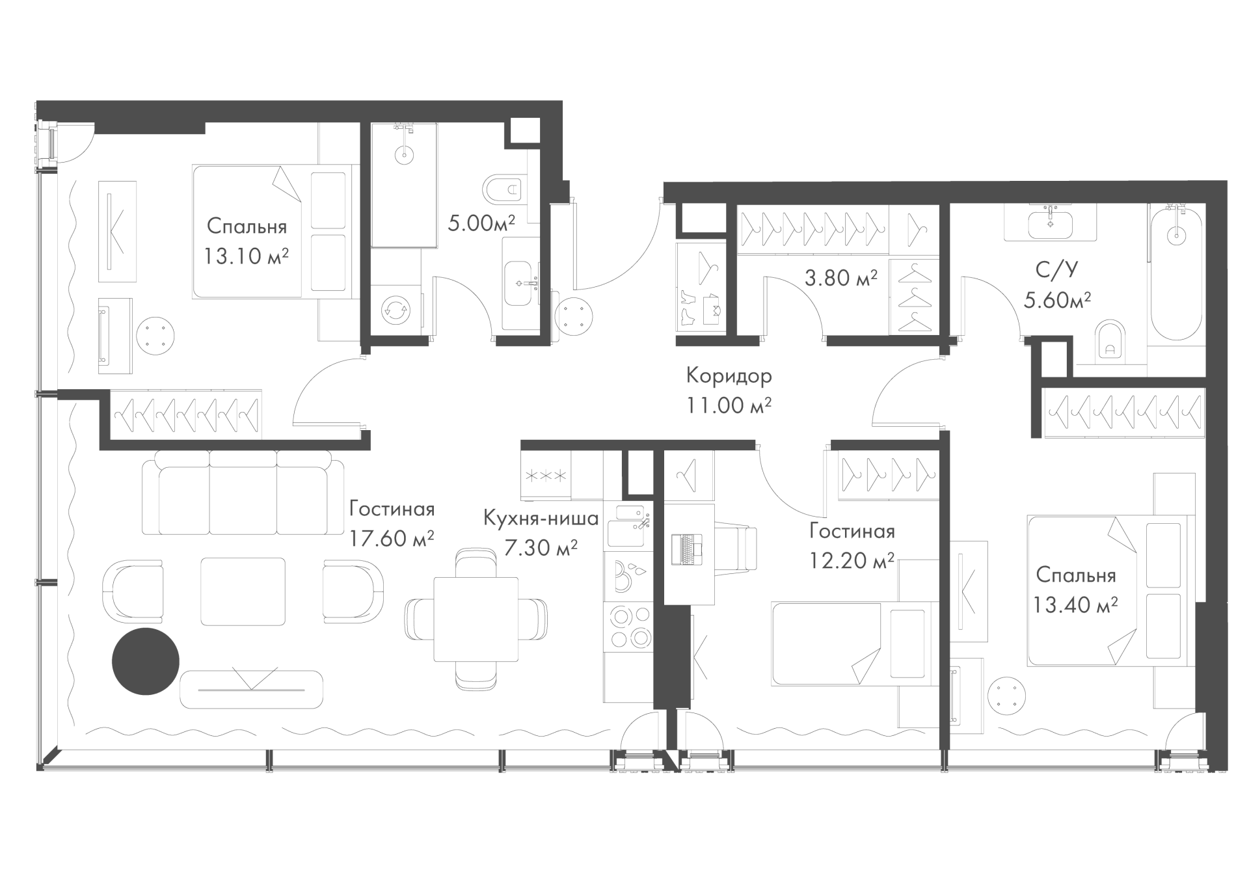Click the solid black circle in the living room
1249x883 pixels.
[146, 662]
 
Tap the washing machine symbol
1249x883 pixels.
[396, 310]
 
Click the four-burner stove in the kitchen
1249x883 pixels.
[628, 626]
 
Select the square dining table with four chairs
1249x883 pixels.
[476, 619]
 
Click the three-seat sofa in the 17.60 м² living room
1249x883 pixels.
[243, 495]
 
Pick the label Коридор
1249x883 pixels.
[729, 375]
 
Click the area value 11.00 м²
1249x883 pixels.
[729, 405]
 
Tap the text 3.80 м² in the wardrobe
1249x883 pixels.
[840, 278]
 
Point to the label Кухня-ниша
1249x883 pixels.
[541, 519]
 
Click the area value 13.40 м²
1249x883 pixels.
[1075, 605]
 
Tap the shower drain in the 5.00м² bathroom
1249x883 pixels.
[404, 155]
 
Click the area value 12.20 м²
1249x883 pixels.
[852, 561]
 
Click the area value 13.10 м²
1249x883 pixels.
[246, 256]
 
